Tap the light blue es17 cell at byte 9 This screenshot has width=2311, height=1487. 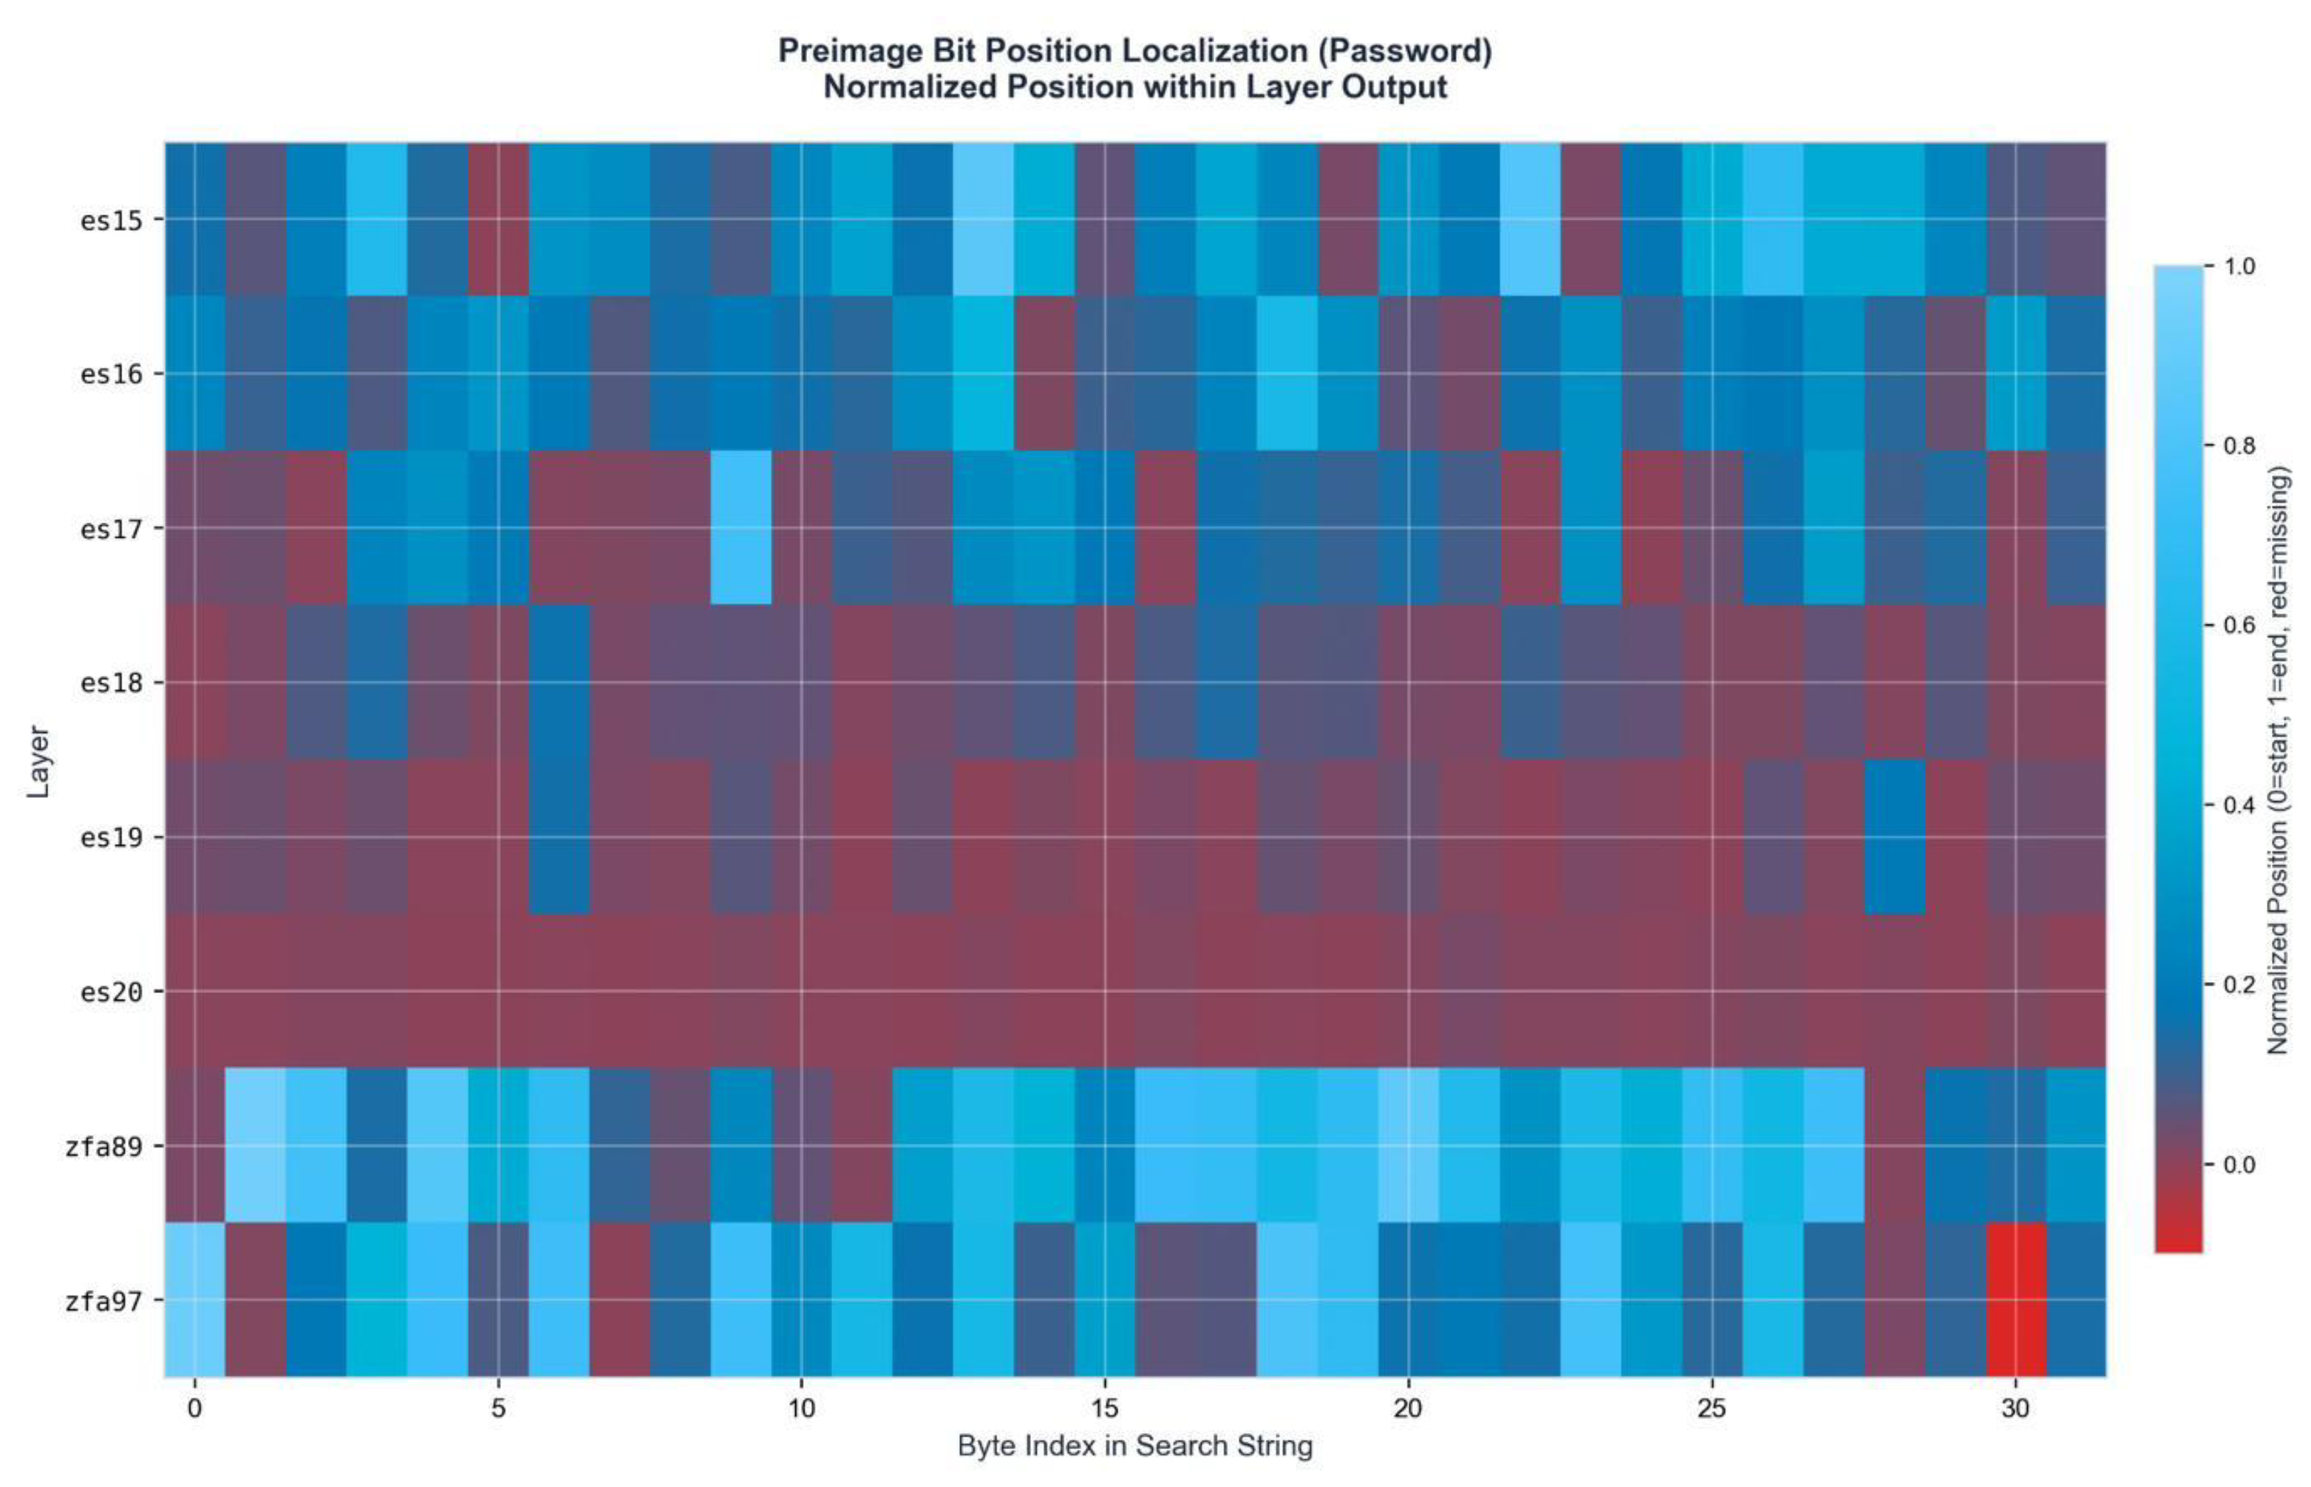[x=741, y=527]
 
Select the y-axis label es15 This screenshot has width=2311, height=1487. [x=111, y=220]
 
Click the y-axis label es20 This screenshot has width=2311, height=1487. [x=111, y=992]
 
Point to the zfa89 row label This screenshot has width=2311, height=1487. [x=104, y=1146]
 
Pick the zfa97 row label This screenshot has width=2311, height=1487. [x=104, y=1301]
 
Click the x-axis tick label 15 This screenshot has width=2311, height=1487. [x=1104, y=1408]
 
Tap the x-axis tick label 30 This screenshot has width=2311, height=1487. [x=2014, y=1408]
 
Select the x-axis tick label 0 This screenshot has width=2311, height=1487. [x=195, y=1408]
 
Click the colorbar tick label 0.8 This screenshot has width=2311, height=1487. [x=2240, y=446]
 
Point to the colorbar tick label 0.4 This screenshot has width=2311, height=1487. [x=2240, y=805]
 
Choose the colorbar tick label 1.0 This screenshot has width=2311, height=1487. [x=2240, y=266]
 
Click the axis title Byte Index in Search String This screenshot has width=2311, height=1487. [x=1135, y=1446]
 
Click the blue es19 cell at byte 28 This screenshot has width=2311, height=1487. [x=1894, y=837]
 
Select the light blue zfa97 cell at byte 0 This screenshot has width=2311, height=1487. [x=195, y=1299]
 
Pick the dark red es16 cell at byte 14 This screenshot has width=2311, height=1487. [x=1044, y=373]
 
